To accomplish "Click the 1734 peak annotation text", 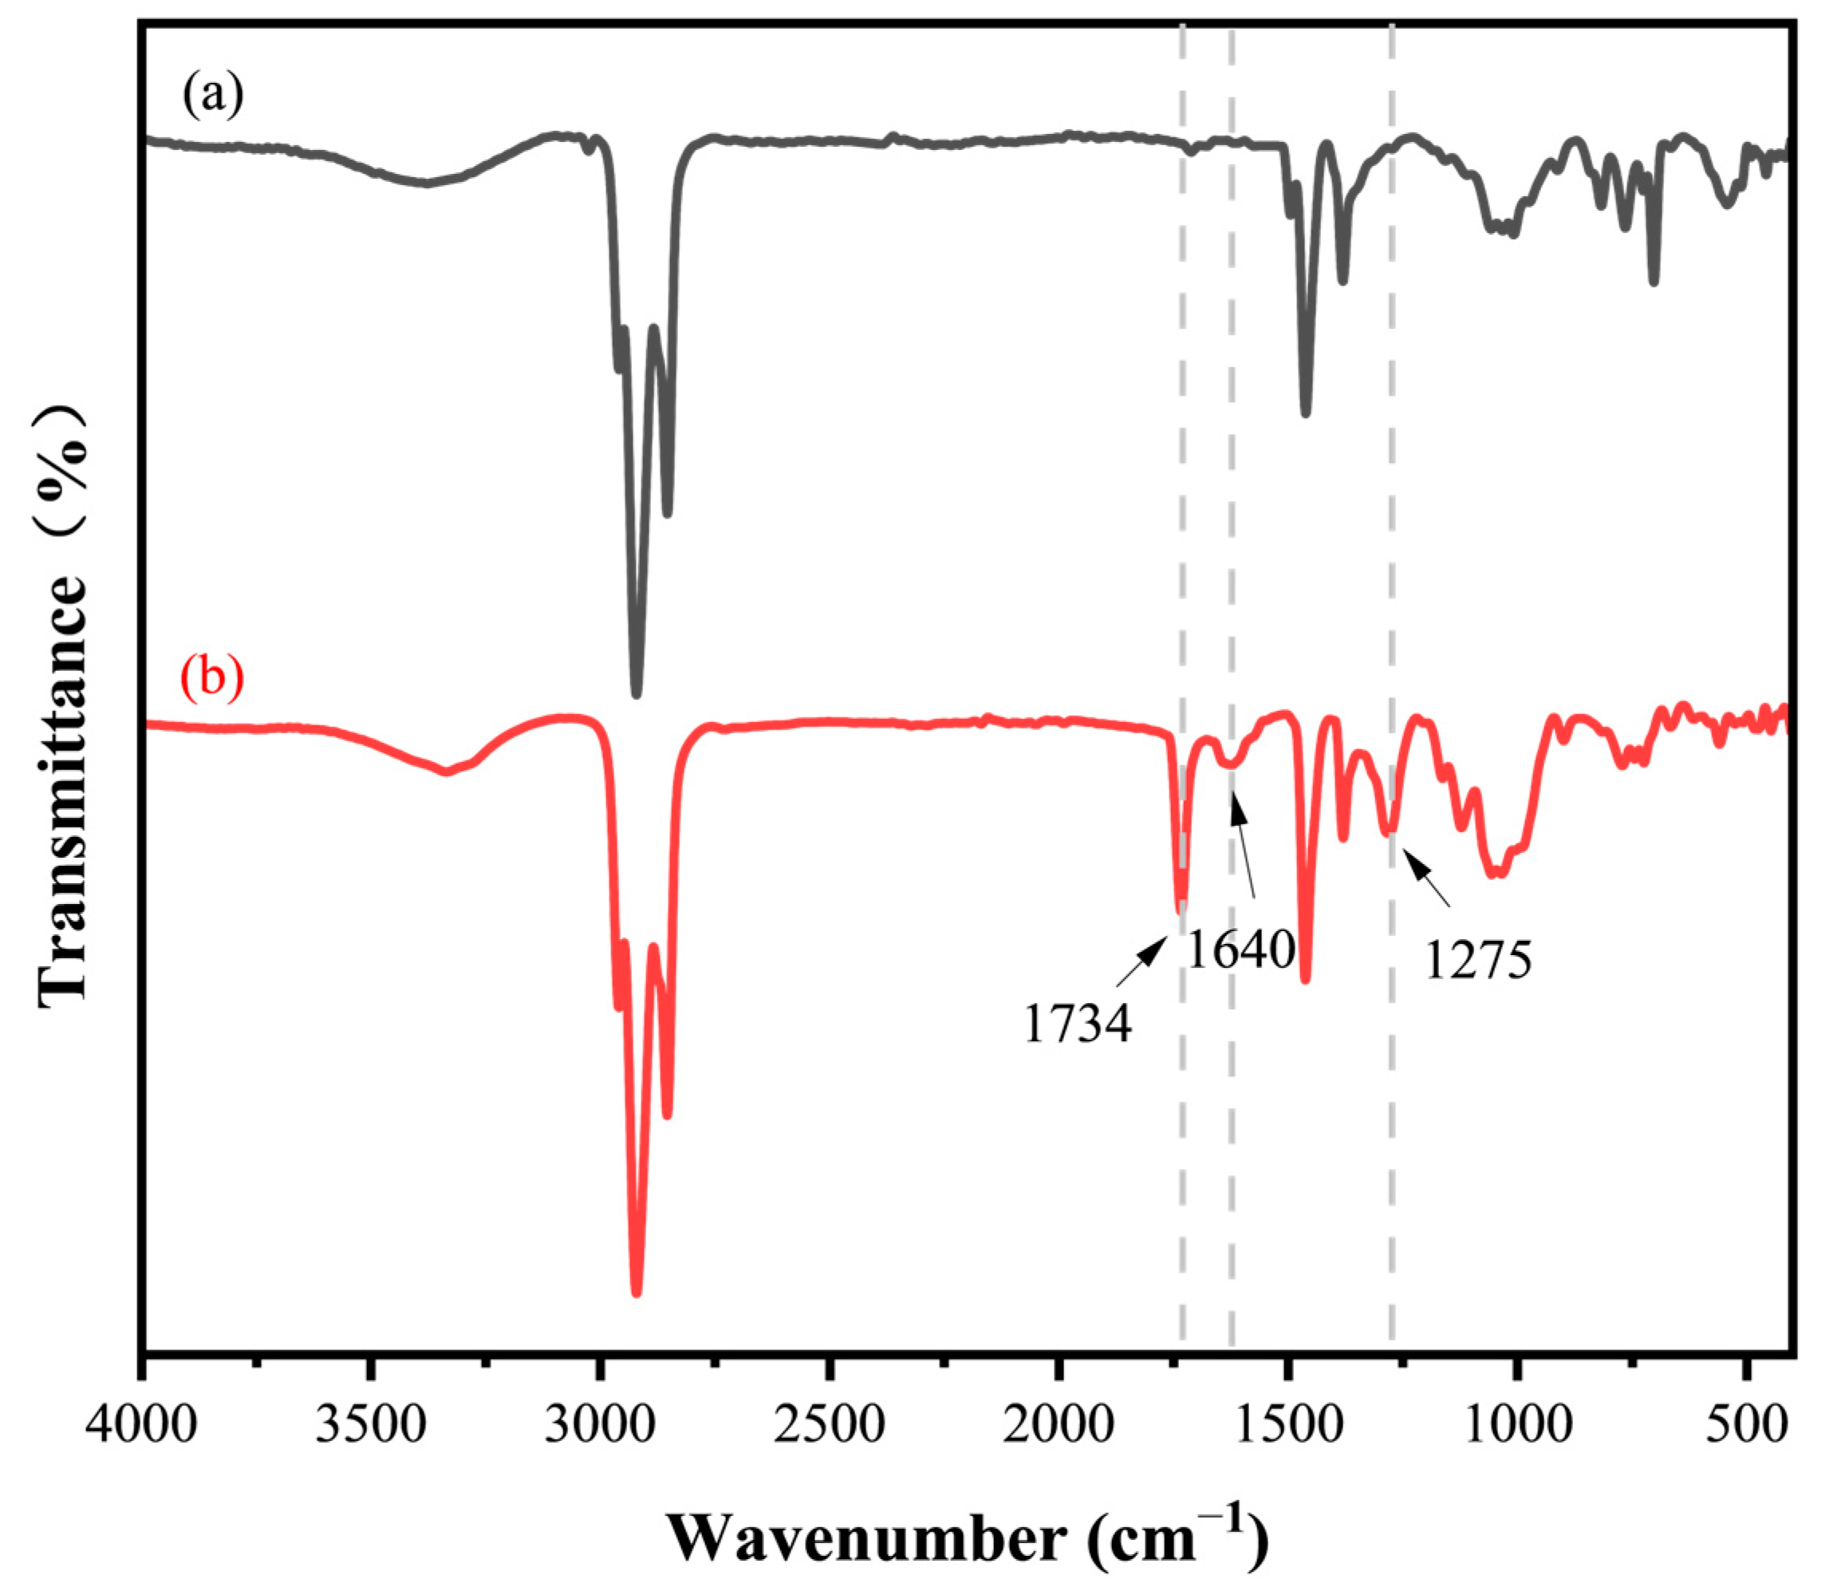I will (1078, 1024).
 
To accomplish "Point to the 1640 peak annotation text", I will (1241, 950).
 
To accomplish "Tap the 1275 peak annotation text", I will (1478, 960).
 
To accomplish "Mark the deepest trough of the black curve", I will (636, 692).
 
